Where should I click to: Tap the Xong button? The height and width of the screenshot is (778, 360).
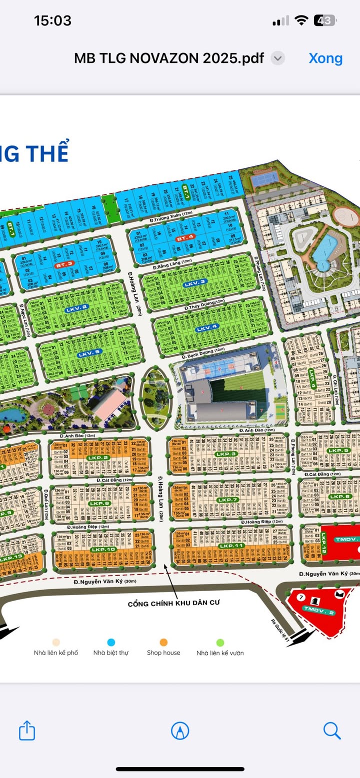[x=325, y=58]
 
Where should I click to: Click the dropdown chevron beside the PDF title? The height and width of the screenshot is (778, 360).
[x=278, y=58]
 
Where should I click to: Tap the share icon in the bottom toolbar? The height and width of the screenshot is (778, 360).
[x=27, y=731]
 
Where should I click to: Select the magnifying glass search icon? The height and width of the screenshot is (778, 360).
[x=331, y=731]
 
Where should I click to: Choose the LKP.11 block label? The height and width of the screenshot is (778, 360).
[x=231, y=546]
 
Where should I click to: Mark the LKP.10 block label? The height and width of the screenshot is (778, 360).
[x=103, y=549]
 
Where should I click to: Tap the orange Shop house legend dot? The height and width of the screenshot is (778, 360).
[x=163, y=643]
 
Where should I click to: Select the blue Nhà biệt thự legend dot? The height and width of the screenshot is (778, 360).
[x=111, y=643]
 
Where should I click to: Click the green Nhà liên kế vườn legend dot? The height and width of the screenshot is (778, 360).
[x=220, y=643]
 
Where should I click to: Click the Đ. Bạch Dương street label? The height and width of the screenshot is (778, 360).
[x=203, y=355]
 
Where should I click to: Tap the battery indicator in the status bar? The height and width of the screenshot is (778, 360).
[x=324, y=20]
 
